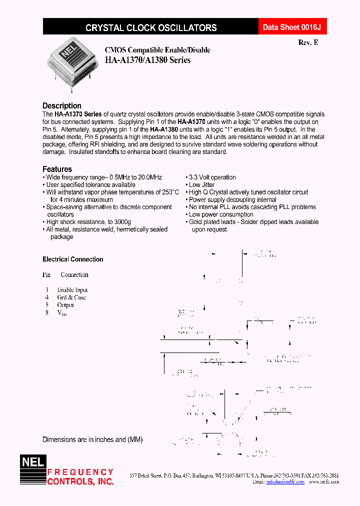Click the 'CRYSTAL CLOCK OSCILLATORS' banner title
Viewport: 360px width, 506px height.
click(151, 28)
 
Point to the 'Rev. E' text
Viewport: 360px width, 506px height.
click(308, 42)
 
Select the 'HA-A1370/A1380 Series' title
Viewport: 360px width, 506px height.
click(147, 60)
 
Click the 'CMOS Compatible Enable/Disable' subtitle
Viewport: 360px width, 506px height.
click(157, 50)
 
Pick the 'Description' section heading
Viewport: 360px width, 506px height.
click(61, 105)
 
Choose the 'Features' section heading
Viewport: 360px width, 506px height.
click(57, 169)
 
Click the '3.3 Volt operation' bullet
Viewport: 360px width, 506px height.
click(212, 177)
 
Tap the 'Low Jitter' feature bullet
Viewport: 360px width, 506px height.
click(201, 185)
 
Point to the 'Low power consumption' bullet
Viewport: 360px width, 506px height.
click(221, 214)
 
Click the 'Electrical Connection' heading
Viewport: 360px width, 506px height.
click(73, 259)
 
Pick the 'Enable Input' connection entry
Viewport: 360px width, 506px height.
click(72, 290)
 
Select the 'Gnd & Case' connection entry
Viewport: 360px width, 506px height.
click(71, 297)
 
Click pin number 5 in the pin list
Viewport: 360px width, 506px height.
click(46, 305)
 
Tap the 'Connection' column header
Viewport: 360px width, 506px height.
click(74, 275)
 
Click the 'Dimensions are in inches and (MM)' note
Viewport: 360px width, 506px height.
click(92, 439)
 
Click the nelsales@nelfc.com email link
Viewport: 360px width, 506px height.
click(285, 482)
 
